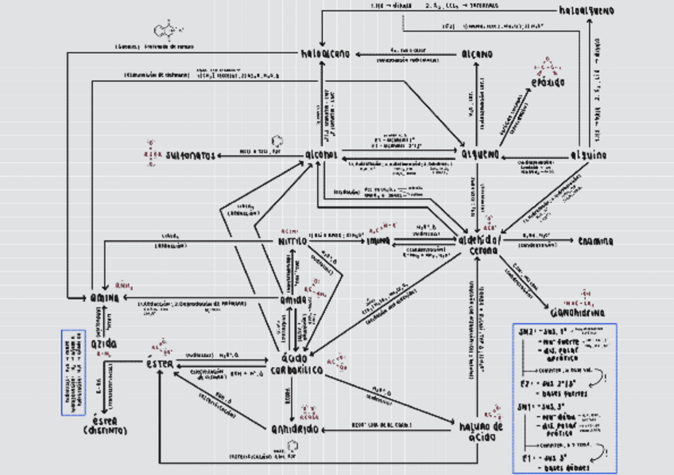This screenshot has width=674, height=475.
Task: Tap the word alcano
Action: click(x=476, y=54)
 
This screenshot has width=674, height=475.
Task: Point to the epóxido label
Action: click(x=549, y=82)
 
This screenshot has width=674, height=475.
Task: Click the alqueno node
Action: click(x=479, y=154)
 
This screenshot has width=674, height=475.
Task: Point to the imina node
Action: click(x=379, y=240)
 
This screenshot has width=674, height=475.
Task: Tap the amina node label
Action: click(x=105, y=297)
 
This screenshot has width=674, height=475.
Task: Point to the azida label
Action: click(x=104, y=344)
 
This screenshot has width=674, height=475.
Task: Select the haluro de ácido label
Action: click(x=482, y=430)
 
